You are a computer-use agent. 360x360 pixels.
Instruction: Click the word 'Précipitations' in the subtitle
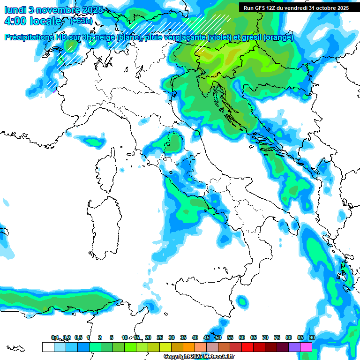coord(32,37)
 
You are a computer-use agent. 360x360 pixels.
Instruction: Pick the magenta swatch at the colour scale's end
coord(306,347)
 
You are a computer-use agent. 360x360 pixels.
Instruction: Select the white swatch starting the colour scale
coord(48,347)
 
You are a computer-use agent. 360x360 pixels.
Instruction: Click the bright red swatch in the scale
coord(247,347)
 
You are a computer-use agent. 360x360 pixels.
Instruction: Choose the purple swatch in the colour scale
coord(294,347)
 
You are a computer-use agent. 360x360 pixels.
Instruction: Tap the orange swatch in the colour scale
coord(189,347)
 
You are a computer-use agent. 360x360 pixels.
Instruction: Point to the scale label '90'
coord(312,338)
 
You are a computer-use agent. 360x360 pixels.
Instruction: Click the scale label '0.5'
coord(78,338)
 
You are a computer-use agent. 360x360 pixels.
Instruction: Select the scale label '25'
coord(160,338)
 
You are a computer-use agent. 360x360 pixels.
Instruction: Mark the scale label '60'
coord(242,338)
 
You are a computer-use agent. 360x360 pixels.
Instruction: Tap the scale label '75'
coord(277,338)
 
